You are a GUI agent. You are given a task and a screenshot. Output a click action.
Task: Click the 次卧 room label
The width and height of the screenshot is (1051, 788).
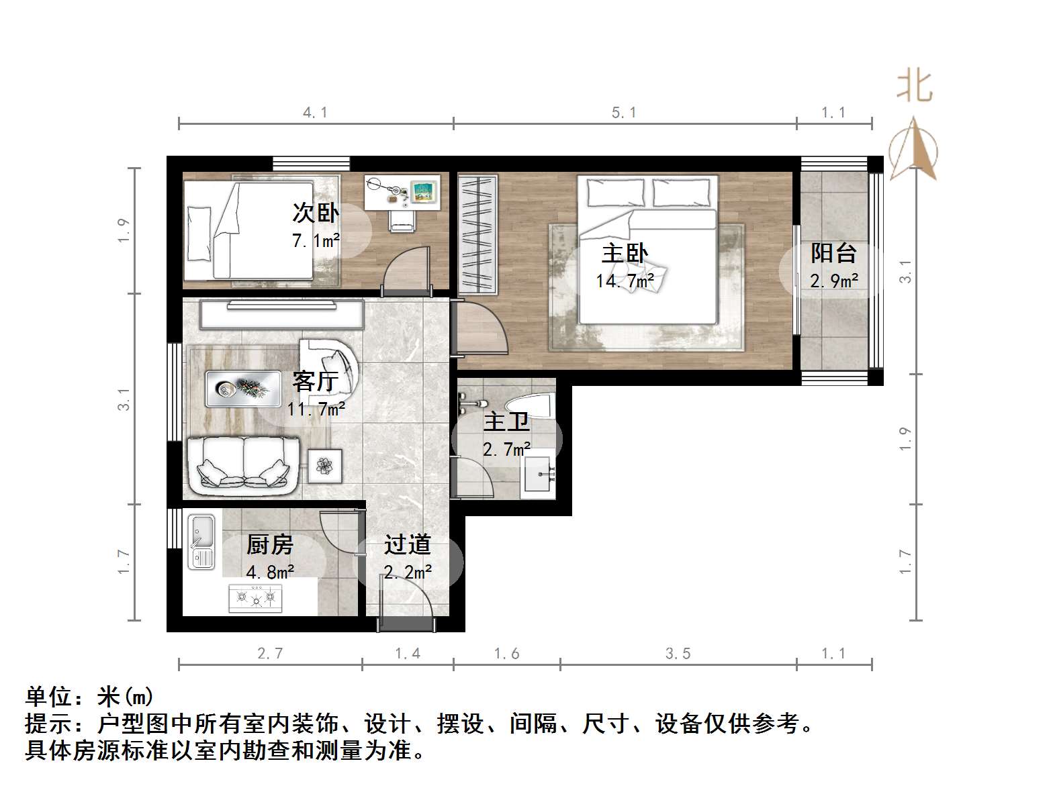(316, 213)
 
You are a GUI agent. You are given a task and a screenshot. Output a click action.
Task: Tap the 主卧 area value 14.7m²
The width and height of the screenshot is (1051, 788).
(625, 281)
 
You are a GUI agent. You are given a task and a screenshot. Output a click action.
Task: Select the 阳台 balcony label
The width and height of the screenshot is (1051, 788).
(833, 253)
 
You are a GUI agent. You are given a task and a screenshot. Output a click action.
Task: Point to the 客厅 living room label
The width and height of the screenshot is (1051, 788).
(315, 381)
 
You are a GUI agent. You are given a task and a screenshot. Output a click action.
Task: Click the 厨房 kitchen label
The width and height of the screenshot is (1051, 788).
(270, 544)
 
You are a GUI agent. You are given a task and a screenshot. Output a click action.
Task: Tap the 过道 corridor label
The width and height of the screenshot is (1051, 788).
(407, 544)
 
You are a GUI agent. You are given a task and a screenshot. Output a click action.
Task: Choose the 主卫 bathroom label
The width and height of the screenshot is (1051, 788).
(506, 422)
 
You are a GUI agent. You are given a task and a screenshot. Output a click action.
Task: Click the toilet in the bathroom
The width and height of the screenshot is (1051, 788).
(529, 404)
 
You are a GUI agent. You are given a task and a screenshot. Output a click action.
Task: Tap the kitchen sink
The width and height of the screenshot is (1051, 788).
(201, 541)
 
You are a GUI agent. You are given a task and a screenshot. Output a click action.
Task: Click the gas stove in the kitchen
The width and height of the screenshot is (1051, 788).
(255, 597)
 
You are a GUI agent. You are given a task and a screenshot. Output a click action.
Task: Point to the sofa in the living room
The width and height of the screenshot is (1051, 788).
(243, 462)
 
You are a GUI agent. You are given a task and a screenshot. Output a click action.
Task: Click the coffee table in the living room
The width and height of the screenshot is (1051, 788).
(242, 388)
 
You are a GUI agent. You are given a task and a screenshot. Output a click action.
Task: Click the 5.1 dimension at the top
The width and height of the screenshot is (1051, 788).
(624, 113)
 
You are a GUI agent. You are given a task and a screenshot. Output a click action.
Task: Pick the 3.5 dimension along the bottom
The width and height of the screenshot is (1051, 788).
(678, 654)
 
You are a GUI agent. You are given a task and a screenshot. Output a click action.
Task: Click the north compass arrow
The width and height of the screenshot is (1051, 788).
(913, 149)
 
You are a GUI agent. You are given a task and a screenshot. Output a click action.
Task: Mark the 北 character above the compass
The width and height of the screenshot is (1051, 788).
(914, 87)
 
